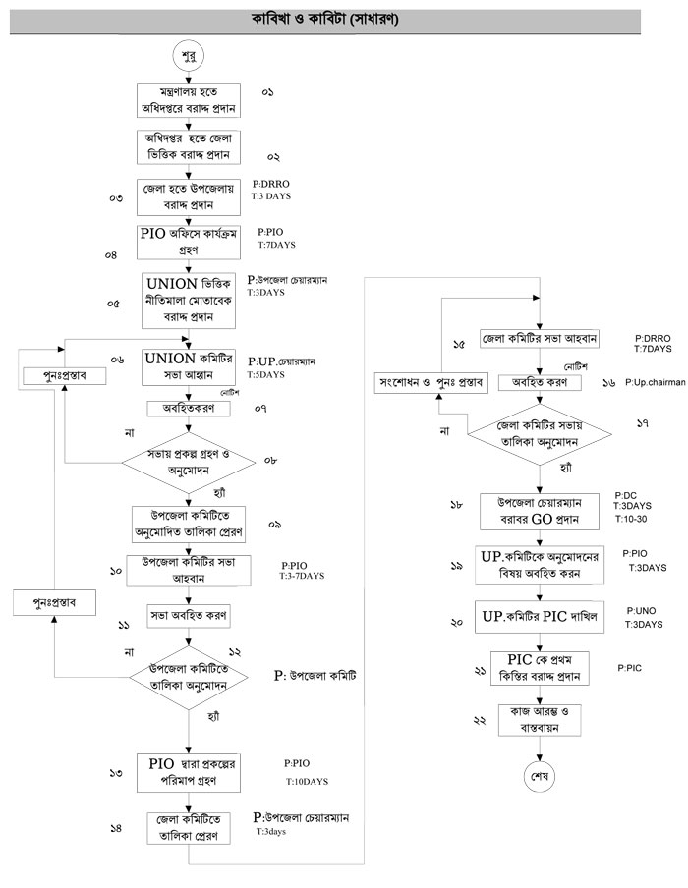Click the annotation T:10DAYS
(307, 781)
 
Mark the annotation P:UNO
(641, 610)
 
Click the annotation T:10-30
(630, 518)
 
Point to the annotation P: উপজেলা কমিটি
(315, 678)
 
